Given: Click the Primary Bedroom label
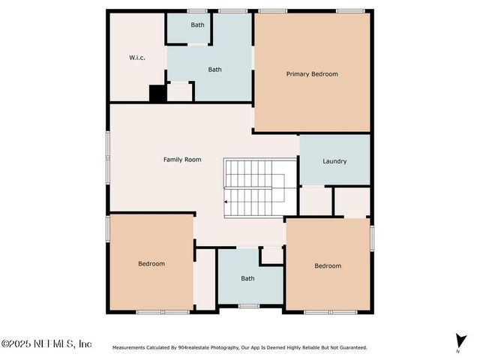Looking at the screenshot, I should (x=312, y=74).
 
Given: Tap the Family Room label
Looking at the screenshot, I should (x=182, y=160).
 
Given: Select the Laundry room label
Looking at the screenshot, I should (x=334, y=161).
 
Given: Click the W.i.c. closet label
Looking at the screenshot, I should (x=136, y=58).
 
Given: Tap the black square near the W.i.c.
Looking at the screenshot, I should (x=157, y=93).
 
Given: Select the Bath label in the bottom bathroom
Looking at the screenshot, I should (x=247, y=279).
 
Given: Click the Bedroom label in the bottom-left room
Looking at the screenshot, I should (x=151, y=264).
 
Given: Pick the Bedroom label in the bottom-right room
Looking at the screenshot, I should (x=328, y=266).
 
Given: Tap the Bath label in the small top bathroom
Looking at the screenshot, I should (x=197, y=25).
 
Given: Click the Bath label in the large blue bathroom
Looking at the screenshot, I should (x=215, y=70).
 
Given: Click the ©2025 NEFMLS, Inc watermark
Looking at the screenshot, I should (x=46, y=344).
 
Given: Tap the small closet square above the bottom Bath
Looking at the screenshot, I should (x=271, y=256).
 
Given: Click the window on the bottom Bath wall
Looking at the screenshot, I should (x=249, y=306).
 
